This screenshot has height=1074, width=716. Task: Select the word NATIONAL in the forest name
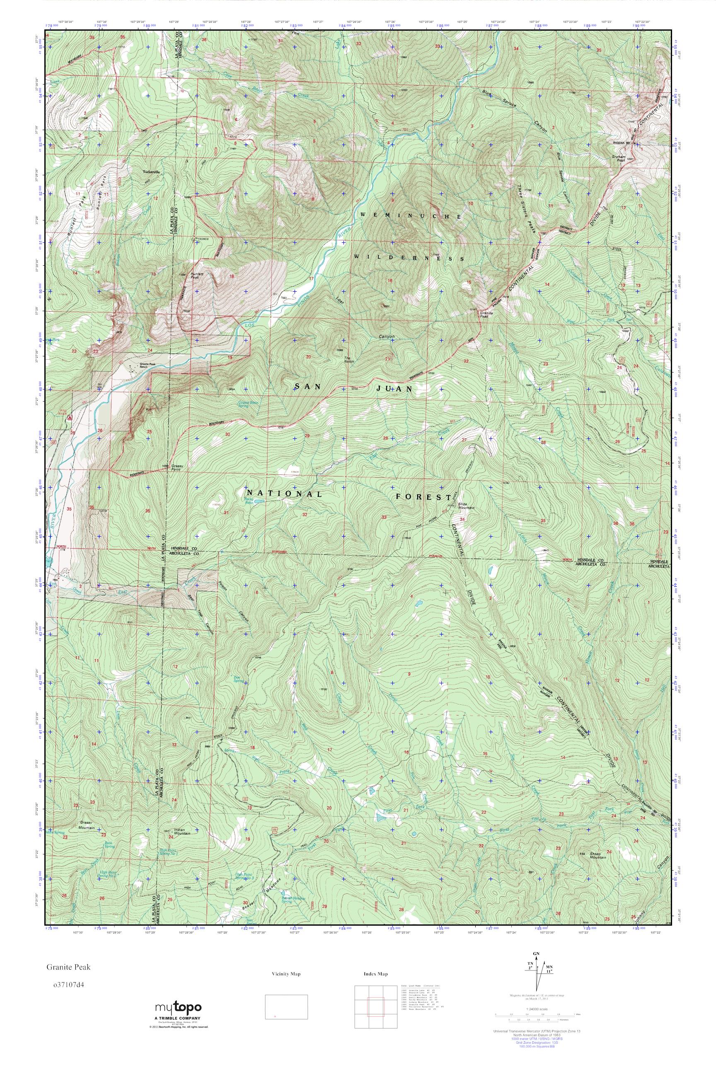click(x=284, y=494)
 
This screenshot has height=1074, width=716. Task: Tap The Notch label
click(x=349, y=359)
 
